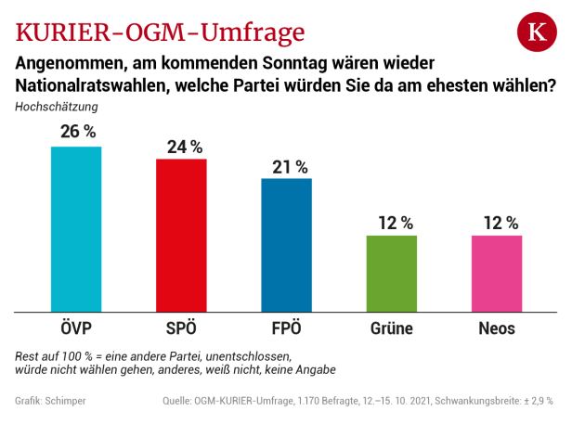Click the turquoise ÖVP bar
pos(76,229)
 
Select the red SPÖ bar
pos(181,236)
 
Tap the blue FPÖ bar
pos(286,245)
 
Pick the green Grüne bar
pos(392,274)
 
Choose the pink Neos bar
pos(497,274)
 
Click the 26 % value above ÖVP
pos(78,131)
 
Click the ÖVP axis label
pos(76,328)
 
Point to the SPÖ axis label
pos(181,328)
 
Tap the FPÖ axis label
pos(286,328)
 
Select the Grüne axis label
pos(391,328)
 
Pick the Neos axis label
pos(497,328)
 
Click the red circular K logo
pos(536,33)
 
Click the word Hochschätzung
pos(57,106)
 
